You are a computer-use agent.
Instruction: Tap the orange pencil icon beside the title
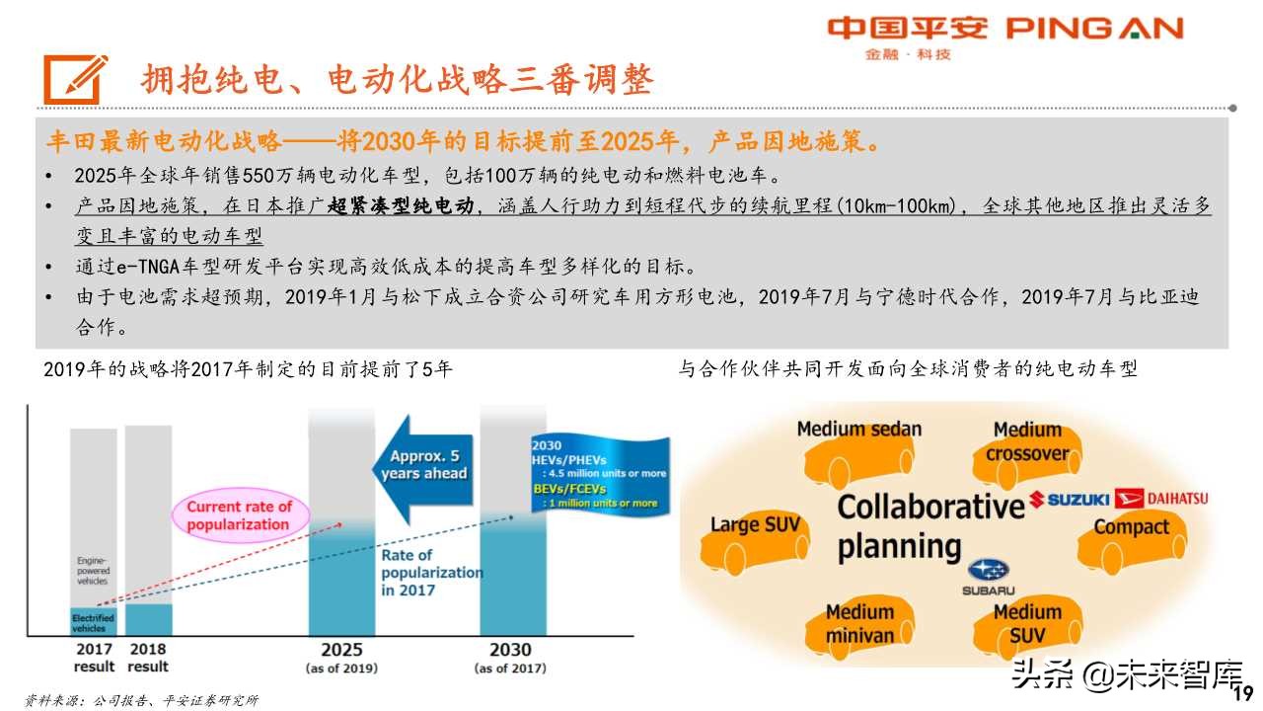tap(76, 78)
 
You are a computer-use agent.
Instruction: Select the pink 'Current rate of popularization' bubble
tap(240, 514)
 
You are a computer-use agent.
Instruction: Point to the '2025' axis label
tap(341, 649)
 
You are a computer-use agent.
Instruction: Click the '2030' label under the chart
tap(510, 649)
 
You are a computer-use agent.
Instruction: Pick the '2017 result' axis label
tap(95, 657)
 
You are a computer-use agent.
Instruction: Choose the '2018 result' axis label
tap(149, 657)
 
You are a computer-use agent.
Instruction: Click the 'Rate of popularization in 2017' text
tap(431, 573)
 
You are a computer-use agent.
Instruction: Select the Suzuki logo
tap(1070, 500)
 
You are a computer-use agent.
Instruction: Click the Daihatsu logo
tap(1163, 499)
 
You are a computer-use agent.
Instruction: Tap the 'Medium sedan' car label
tap(858, 430)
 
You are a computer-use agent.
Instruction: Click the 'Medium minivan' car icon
tap(859, 623)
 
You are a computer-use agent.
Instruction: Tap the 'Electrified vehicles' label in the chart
tap(93, 621)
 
